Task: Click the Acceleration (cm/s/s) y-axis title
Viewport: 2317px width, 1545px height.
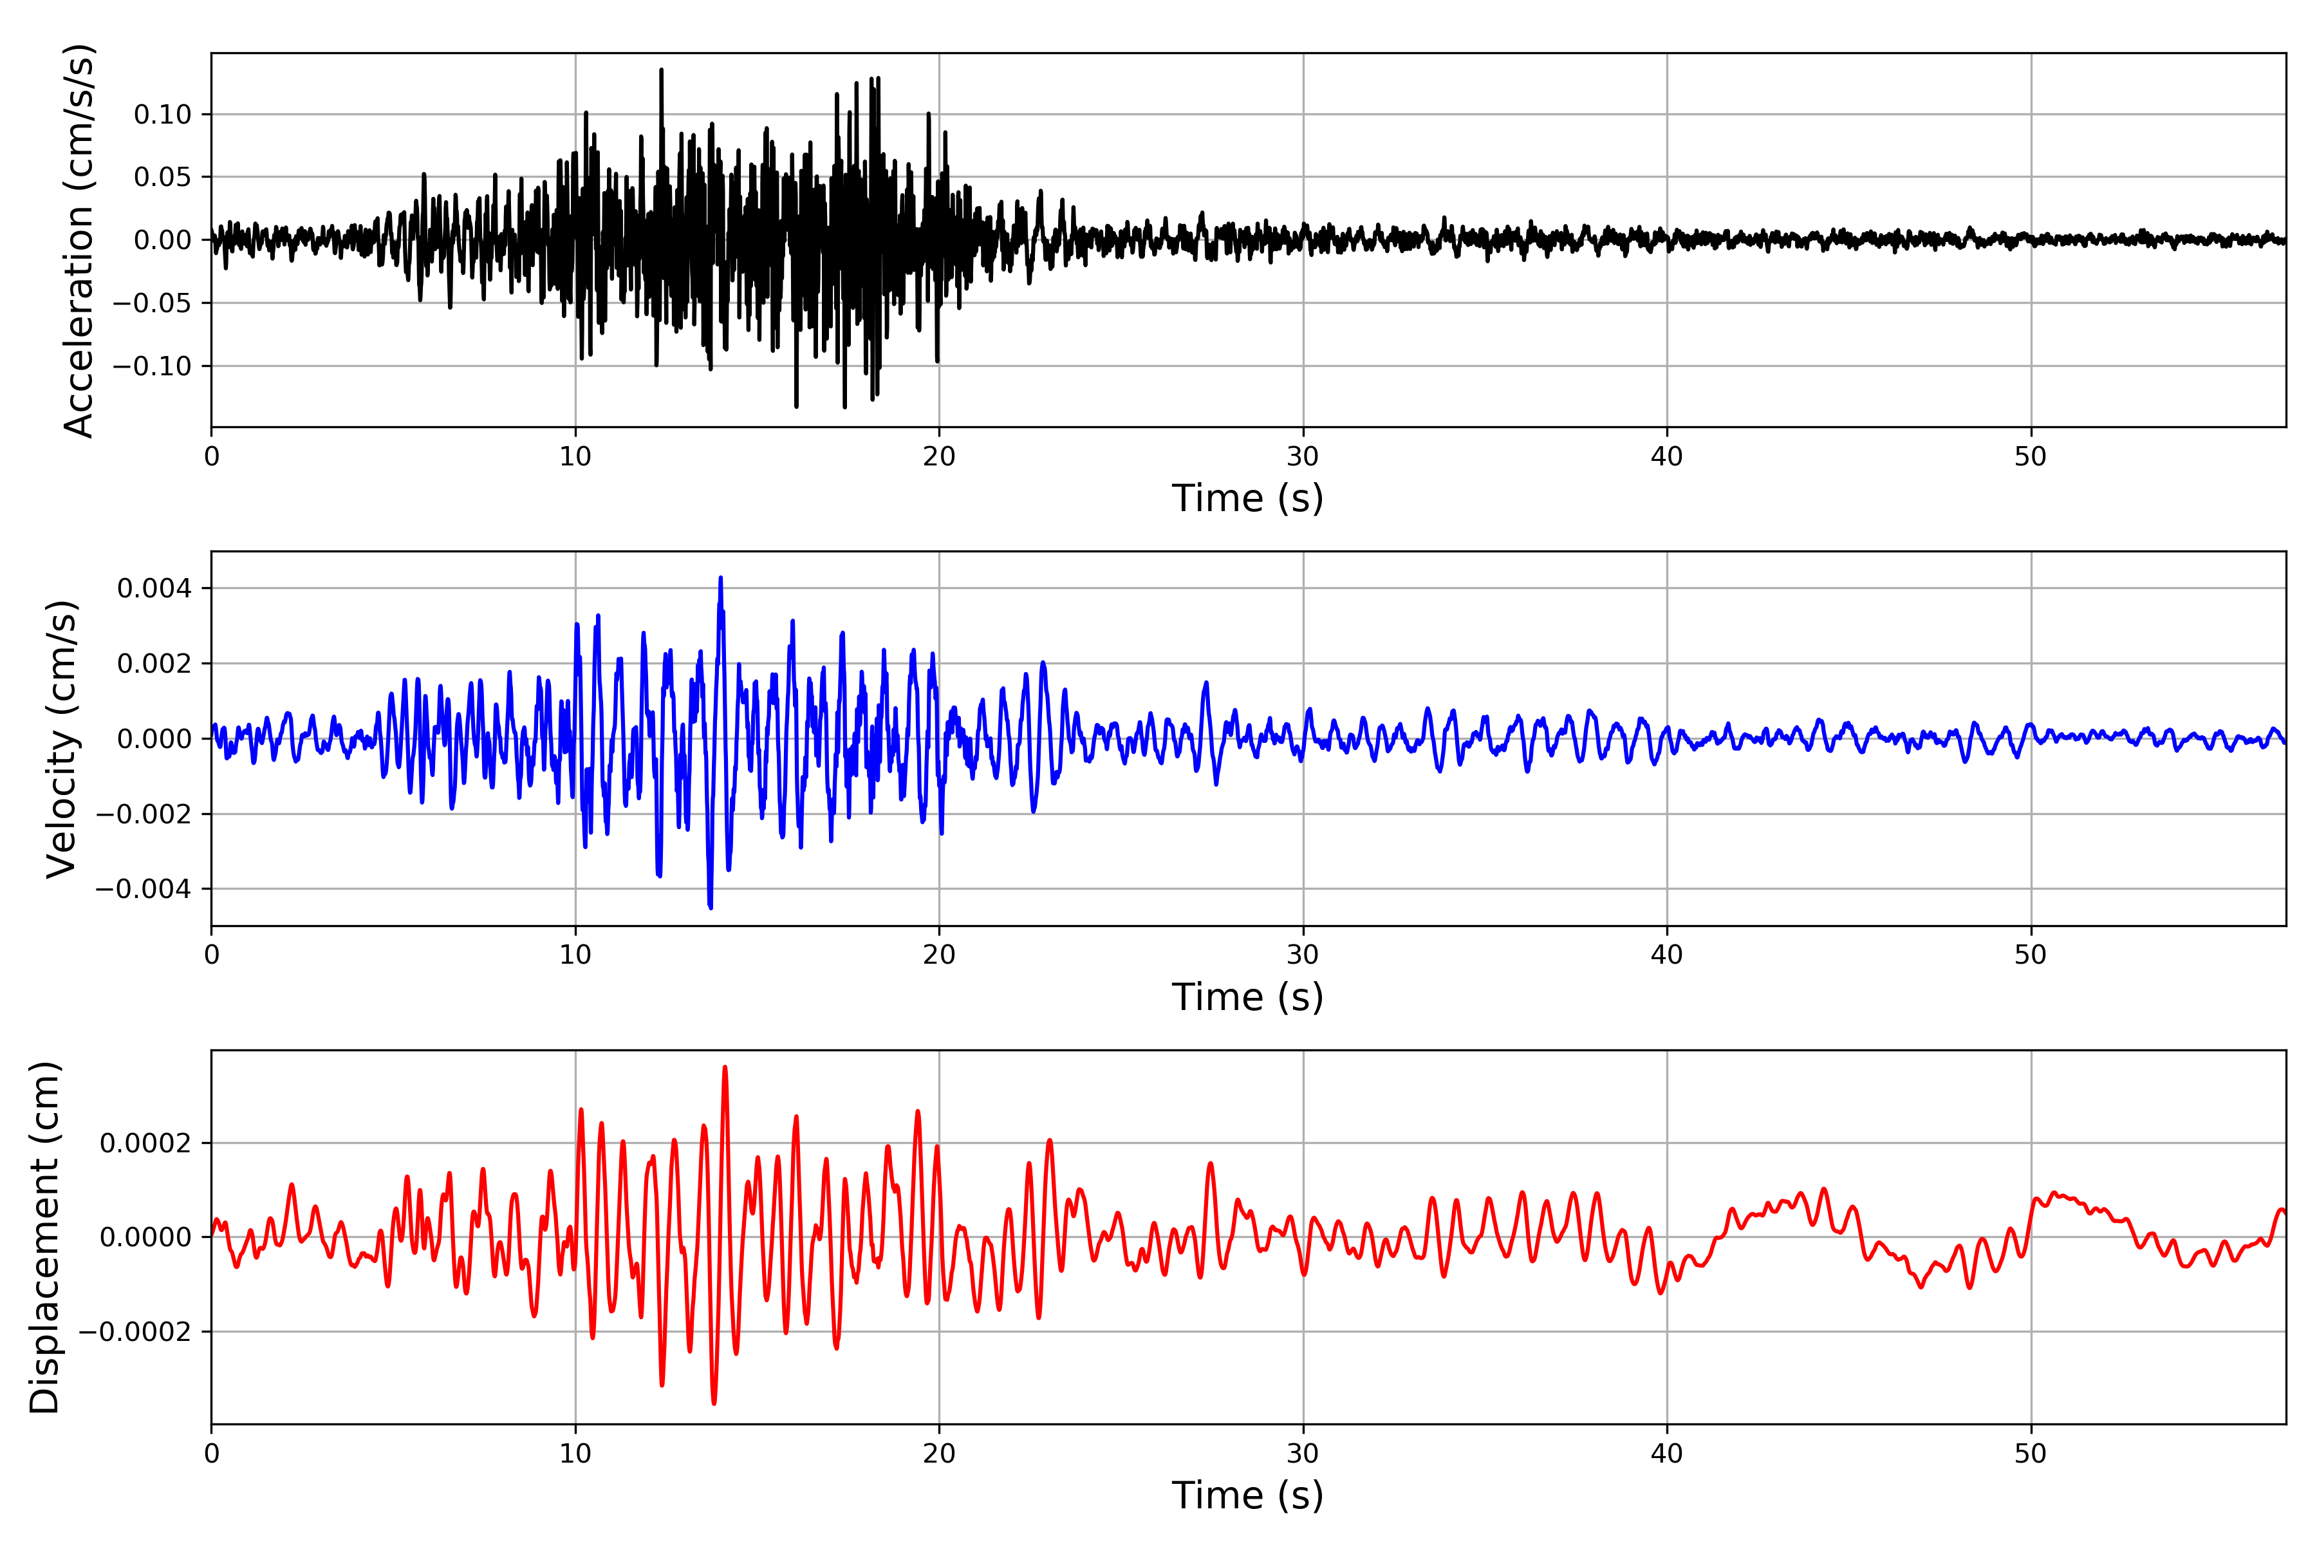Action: [78, 240]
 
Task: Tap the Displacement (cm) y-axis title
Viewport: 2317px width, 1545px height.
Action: [44, 1237]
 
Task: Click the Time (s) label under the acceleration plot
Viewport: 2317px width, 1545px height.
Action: [1247, 498]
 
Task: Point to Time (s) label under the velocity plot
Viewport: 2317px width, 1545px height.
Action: [1247, 997]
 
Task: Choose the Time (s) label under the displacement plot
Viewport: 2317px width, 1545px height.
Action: [1247, 1495]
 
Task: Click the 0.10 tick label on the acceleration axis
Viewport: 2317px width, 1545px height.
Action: [163, 115]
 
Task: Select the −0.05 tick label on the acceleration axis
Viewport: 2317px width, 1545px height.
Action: [152, 303]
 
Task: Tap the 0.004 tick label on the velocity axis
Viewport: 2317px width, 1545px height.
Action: [154, 588]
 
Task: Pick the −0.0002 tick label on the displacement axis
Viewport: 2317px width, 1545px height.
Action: [134, 1332]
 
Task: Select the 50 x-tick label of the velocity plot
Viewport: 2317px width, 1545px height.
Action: [2031, 955]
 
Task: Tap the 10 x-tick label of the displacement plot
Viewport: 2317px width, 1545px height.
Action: [575, 1454]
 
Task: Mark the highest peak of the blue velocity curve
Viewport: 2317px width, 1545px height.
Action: [720, 578]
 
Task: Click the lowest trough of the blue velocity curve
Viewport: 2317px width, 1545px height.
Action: [711, 906]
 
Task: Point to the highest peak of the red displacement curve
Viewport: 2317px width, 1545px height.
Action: [725, 1067]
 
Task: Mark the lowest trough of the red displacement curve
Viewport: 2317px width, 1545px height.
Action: [714, 1403]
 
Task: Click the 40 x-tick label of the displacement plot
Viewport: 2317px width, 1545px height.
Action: [1667, 1454]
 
